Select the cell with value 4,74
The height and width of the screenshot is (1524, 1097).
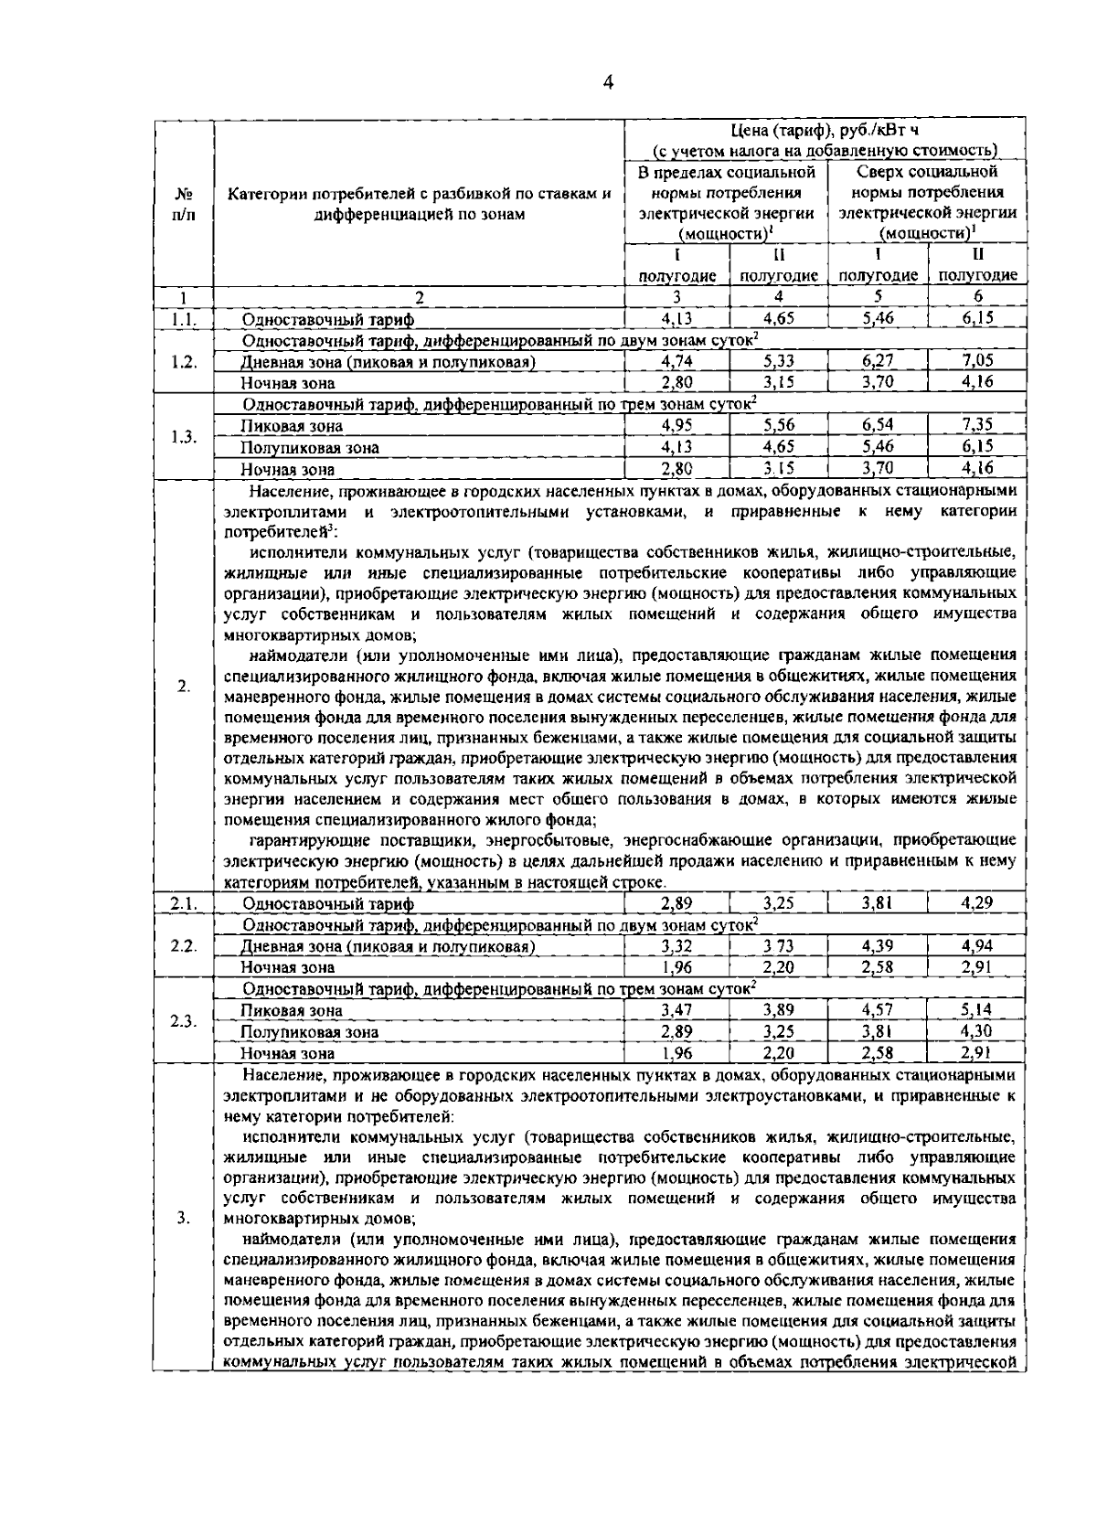[676, 361]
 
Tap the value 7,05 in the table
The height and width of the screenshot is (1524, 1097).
[977, 361]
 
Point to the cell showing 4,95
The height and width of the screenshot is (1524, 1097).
[676, 425]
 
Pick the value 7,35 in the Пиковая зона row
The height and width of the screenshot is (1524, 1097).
[977, 425]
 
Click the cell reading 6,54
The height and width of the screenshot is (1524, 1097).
[878, 425]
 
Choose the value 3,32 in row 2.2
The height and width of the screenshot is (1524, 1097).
[676, 946]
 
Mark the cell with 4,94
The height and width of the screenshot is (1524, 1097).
[977, 946]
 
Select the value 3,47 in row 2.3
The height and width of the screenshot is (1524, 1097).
[676, 1010]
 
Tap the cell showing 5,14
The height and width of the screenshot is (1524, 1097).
[977, 1010]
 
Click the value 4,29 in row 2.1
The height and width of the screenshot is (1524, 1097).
[977, 903]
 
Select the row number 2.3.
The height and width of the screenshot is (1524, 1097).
[184, 1021]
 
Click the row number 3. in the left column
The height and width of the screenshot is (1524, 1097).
[184, 1218]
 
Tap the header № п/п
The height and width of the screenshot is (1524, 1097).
[184, 204]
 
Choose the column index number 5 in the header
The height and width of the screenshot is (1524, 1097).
[878, 297]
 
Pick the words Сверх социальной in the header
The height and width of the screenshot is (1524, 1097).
[927, 172]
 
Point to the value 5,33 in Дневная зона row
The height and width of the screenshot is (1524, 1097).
[779, 361]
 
